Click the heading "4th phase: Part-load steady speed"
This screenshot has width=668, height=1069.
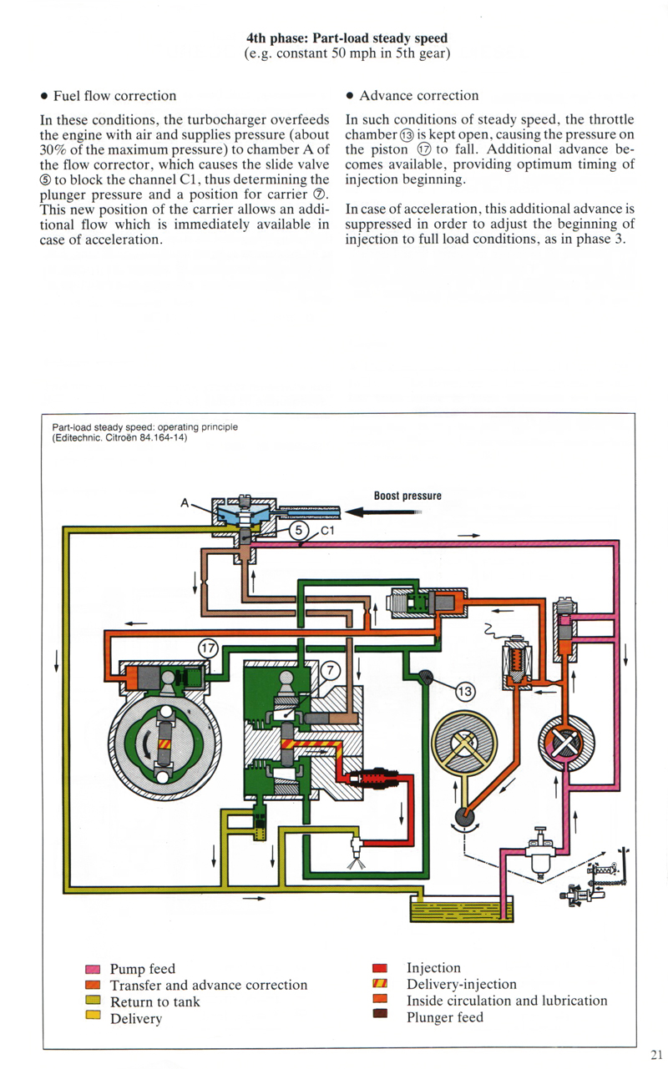[x=347, y=38]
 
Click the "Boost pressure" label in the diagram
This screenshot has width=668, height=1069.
[x=407, y=496]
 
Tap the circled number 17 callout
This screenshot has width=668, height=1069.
[x=209, y=647]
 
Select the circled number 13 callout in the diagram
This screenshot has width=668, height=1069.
[x=465, y=691]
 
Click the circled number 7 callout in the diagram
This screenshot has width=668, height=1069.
[x=331, y=669]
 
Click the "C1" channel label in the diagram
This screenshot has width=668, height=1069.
[x=328, y=528]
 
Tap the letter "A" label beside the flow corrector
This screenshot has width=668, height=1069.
[x=185, y=503]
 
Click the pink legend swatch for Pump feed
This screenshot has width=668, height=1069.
[x=93, y=970]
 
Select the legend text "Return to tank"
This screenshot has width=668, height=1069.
[x=154, y=1001]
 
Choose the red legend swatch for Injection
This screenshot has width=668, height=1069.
[x=380, y=968]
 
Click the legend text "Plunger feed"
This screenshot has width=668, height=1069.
[x=444, y=1016]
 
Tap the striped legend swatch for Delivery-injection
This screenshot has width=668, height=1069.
[x=380, y=985]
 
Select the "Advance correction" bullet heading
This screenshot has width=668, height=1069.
[x=418, y=96]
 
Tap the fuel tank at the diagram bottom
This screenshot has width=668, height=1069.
[x=460, y=909]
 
